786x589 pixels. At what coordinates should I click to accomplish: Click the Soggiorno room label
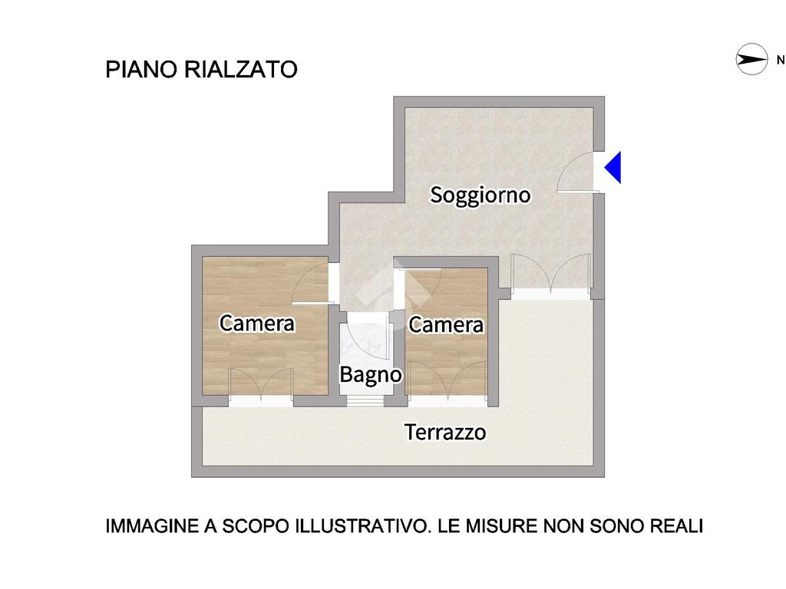coord(481,195)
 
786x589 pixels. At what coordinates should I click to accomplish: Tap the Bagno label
coord(371,374)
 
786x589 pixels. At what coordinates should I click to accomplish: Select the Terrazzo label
coord(445,433)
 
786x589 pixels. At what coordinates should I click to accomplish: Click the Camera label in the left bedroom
coord(256,323)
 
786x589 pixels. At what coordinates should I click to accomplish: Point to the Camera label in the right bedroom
coord(446,324)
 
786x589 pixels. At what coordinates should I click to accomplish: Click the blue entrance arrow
coord(613,167)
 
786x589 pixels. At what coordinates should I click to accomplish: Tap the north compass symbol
coord(751,60)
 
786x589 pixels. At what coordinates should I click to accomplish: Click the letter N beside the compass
coord(781,60)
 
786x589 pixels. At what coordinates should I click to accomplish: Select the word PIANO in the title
coord(141,69)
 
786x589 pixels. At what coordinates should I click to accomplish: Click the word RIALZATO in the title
coord(241,69)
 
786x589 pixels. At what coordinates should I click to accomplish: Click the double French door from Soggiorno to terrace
coord(550,273)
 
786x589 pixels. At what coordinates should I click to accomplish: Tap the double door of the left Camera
coord(261,385)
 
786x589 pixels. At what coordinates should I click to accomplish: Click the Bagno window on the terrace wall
coord(365,400)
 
